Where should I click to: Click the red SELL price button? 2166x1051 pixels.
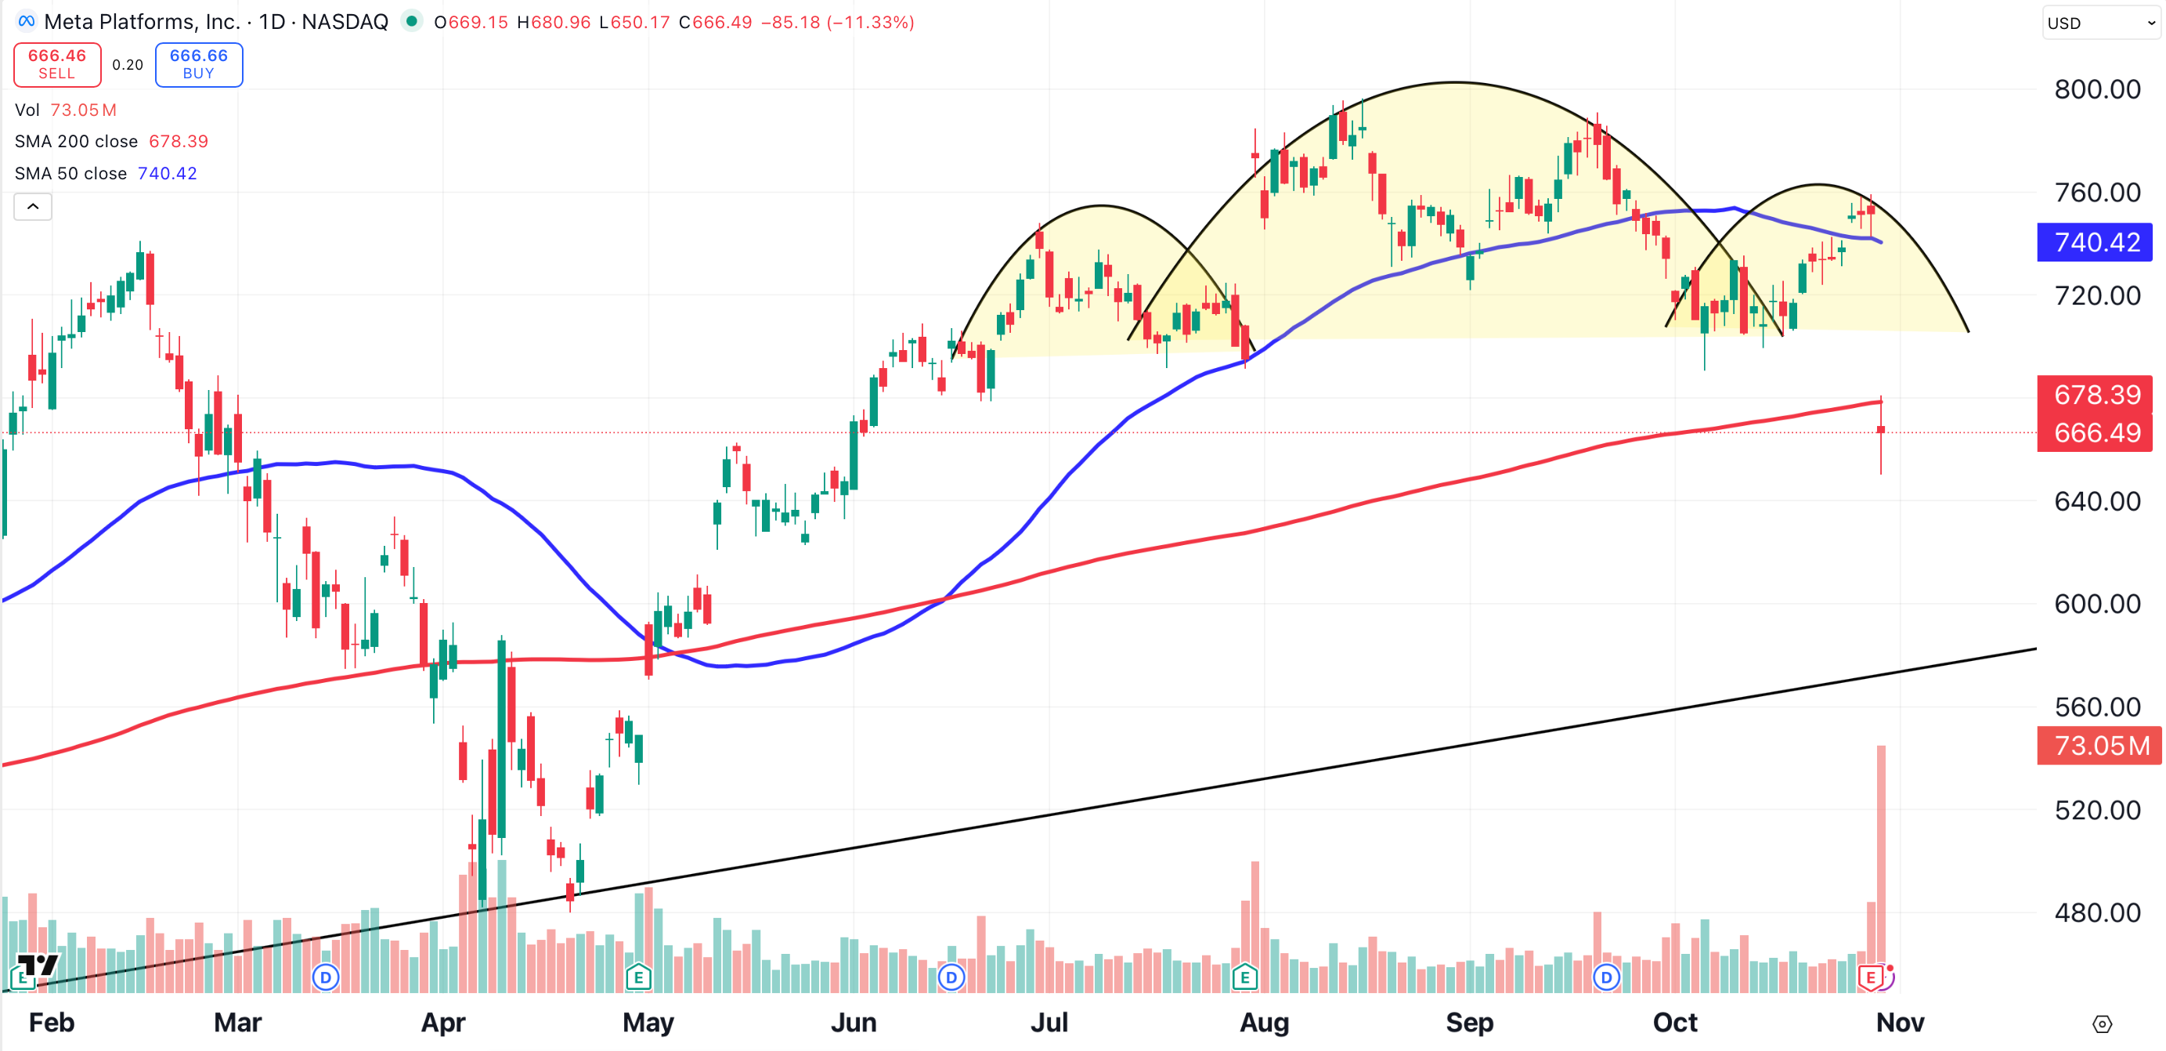[x=57, y=64]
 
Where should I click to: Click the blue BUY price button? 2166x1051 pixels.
[x=198, y=64]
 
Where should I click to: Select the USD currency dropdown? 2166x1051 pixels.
[x=2099, y=23]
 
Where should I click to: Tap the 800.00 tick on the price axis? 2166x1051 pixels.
[x=2096, y=89]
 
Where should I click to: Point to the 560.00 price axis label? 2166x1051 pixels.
[x=2096, y=706]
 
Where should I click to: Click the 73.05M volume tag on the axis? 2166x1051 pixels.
[x=2099, y=746]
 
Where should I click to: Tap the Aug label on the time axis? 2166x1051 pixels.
[x=1264, y=1022]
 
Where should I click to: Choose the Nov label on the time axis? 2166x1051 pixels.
[x=1900, y=1022]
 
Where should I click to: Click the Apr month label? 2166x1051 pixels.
[x=443, y=1022]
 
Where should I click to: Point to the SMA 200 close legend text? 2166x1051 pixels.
[x=76, y=141]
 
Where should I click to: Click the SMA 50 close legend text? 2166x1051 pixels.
[x=70, y=173]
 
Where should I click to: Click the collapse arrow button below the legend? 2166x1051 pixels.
[x=33, y=207]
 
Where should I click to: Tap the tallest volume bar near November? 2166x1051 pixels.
[x=1880, y=866]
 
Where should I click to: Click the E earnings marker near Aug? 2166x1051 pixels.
[x=1244, y=977]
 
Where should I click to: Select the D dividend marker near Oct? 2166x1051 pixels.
[x=1606, y=977]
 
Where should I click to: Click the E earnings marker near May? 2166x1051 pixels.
[x=638, y=977]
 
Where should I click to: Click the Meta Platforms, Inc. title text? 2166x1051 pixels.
[x=141, y=22]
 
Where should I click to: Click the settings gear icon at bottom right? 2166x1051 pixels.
[x=2101, y=1024]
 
